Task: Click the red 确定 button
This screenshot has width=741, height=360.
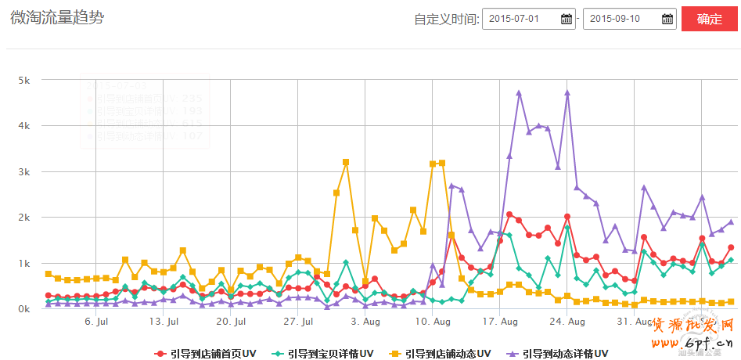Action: tap(710, 19)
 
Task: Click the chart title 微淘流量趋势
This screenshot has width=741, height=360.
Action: tap(57, 18)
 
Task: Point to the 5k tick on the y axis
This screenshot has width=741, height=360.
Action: tap(24, 80)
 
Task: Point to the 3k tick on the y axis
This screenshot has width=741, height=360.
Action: tap(24, 171)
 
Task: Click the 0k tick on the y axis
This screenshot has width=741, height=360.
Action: tap(24, 309)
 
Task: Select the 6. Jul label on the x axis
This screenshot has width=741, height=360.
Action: tap(95, 321)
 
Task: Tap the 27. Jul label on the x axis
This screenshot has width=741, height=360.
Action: tap(298, 321)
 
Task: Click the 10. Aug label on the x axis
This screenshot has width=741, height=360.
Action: tap(433, 321)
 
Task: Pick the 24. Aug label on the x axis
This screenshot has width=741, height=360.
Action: tap(568, 321)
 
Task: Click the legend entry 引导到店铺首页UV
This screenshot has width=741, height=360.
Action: tap(206, 354)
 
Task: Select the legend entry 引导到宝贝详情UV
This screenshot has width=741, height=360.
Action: tap(322, 354)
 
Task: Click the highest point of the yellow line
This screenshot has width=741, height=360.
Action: tap(346, 162)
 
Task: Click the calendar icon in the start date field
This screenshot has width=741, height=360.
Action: tap(567, 19)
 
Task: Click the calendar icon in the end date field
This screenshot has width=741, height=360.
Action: tap(667, 19)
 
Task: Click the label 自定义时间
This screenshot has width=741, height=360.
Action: tap(445, 20)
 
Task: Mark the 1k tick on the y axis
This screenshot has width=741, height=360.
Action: tap(24, 264)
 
